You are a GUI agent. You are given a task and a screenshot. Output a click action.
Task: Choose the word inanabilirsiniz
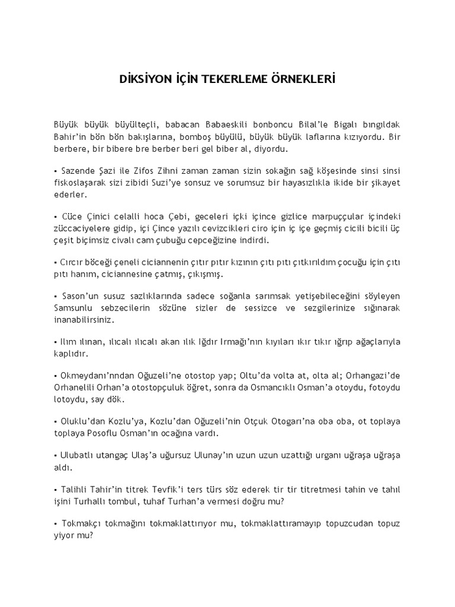point(83,320)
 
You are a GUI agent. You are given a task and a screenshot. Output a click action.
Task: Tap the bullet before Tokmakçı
point(55,525)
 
